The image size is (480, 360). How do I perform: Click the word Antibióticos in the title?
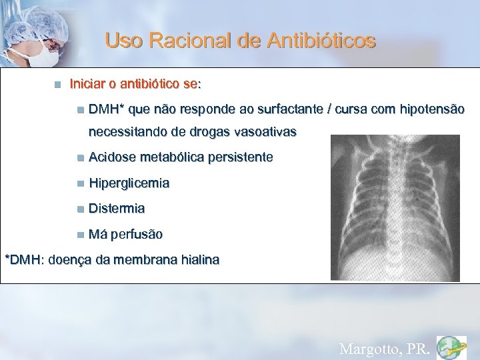[321, 41]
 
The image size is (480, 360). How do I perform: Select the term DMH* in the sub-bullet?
[104, 109]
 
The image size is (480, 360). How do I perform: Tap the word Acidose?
[112, 157]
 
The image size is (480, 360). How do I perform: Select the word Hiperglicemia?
[129, 183]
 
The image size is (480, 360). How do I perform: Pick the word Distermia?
[117, 208]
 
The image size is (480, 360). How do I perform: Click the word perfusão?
[137, 235]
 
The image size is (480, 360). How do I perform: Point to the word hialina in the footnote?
[197, 259]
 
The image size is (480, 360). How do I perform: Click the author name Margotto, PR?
[384, 348]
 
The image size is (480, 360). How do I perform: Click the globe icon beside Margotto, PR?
[451, 347]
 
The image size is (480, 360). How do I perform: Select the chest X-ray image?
[395, 207]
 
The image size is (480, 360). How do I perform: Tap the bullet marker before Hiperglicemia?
[80, 183]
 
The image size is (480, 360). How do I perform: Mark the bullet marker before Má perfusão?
[80, 235]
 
